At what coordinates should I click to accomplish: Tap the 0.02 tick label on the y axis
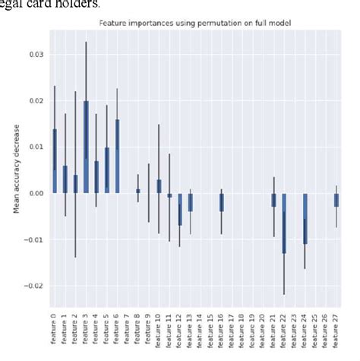click(x=34, y=101)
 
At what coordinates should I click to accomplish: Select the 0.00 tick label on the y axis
click(x=34, y=193)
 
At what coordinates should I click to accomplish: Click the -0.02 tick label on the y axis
click(x=33, y=286)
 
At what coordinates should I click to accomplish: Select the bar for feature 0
click(x=55, y=161)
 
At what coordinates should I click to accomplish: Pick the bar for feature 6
click(x=117, y=156)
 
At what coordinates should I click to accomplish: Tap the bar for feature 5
click(x=107, y=170)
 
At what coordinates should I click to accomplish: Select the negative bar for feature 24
click(x=305, y=218)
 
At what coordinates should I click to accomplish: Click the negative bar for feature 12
click(x=180, y=209)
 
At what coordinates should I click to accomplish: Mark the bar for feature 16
click(x=221, y=202)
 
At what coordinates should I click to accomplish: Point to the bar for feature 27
click(x=336, y=200)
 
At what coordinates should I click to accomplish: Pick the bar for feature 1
click(x=65, y=179)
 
